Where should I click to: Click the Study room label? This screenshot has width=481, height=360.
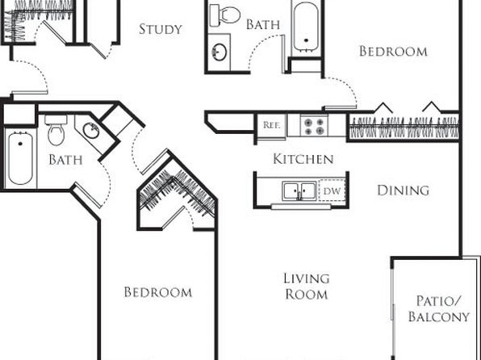[161, 29]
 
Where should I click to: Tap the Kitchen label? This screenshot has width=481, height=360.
[303, 159]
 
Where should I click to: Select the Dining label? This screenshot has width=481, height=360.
[403, 190]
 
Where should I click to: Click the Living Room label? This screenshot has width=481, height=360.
[307, 287]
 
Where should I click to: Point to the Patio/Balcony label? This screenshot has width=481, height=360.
[439, 308]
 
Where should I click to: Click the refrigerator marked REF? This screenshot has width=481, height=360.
[271, 126]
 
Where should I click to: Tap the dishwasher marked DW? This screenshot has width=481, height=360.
[332, 190]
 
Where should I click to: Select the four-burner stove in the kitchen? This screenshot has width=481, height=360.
[314, 126]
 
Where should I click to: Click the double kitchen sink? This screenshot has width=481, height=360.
[299, 190]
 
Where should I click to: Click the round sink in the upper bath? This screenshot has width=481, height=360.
[220, 52]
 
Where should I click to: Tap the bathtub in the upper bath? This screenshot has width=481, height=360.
[306, 27]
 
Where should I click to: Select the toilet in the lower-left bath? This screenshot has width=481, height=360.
[56, 130]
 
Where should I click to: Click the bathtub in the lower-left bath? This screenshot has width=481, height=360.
[20, 158]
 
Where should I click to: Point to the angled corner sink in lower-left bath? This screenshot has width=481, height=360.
[91, 131]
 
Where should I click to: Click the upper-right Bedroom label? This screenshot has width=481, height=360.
[393, 51]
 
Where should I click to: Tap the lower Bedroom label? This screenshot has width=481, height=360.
[158, 292]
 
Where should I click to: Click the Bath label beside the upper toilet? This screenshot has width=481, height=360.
[263, 24]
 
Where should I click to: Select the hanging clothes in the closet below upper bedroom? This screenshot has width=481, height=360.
[404, 127]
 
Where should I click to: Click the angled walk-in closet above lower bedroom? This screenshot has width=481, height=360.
[177, 192]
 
